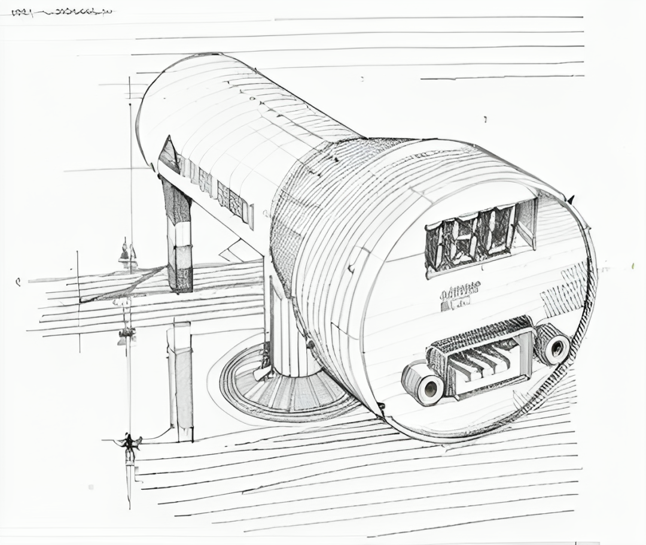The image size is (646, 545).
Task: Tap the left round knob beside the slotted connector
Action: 423,383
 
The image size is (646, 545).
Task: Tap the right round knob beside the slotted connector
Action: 553,344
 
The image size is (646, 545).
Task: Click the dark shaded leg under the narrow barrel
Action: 179,240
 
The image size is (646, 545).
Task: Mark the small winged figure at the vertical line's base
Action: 129,443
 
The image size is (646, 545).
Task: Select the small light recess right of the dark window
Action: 526,223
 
